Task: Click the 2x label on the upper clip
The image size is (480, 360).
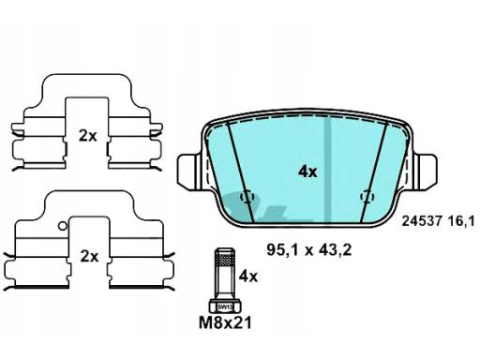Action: pyautogui.click(x=87, y=136)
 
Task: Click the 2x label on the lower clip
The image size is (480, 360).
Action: pyautogui.click(x=87, y=255)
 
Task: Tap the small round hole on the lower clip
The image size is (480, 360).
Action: pyautogui.click(x=62, y=224)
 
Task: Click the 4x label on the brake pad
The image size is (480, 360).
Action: pyautogui.click(x=307, y=172)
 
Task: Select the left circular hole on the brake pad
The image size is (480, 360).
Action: pyautogui.click(x=248, y=198)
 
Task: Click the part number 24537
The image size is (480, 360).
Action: pyautogui.click(x=420, y=221)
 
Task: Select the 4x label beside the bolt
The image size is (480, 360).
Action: pyautogui.click(x=248, y=277)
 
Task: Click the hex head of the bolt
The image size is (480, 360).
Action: pyautogui.click(x=225, y=306)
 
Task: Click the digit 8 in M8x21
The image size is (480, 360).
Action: pyautogui.click(x=218, y=324)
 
